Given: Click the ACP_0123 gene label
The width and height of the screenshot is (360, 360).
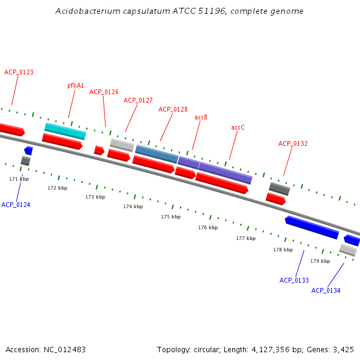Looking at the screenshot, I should pos(19,72).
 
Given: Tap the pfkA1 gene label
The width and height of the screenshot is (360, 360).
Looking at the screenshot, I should pos(76,86).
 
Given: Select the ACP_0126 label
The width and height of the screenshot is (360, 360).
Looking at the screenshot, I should pos(104,92).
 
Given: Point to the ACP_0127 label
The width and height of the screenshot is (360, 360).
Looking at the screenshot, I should pos(138,100).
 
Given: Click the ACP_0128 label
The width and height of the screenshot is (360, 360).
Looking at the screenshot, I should pos(173,109).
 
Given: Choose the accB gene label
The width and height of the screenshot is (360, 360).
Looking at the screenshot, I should pos(201,117).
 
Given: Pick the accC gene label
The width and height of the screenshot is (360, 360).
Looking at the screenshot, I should pos(238,127).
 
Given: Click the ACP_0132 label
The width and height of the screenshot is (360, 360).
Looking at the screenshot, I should pos(293,143).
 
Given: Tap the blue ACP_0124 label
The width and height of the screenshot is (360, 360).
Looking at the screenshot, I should pos(16,205).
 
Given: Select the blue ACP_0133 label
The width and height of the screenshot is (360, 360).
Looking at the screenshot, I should pos(294,280).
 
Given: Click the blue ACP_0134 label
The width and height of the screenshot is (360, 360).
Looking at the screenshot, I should pos(326,290).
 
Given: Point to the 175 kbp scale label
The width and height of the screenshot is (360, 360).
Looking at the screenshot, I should pos(170,217).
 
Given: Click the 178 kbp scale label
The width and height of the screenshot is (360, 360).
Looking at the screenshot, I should pos(283,250).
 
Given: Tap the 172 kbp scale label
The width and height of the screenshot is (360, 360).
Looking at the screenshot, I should pos(57,188).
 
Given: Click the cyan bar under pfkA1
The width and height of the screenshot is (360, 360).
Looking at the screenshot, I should pos(65,130).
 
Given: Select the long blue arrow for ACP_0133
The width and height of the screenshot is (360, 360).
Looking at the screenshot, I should pos(311,227).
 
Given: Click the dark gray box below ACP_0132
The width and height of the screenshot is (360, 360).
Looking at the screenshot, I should pos(279,188).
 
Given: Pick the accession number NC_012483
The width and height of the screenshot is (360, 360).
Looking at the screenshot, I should pos(64,349).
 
